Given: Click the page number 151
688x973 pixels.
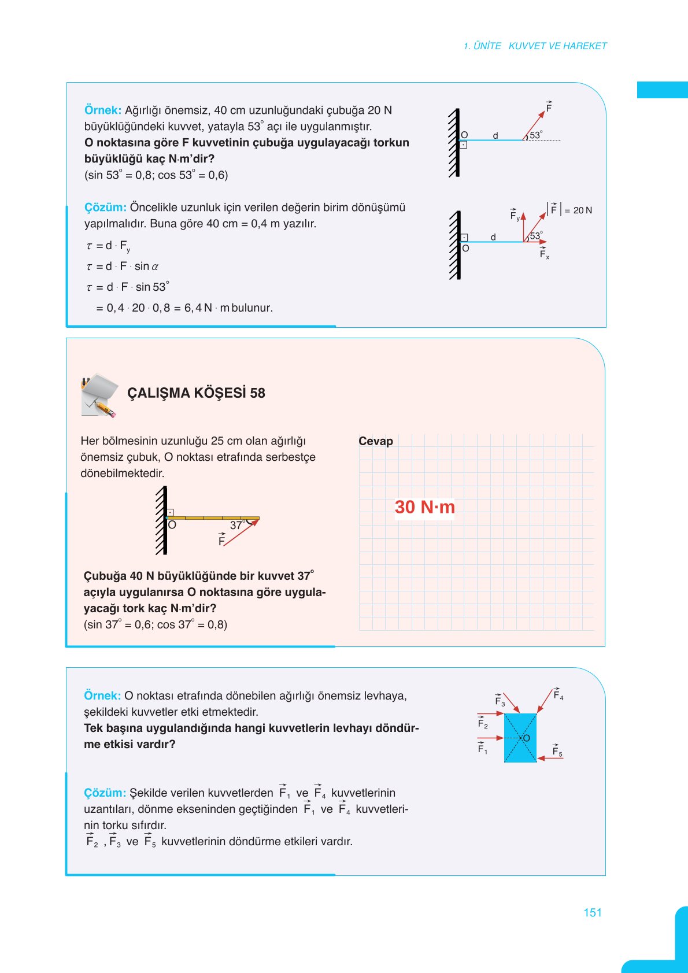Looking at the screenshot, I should (593, 912).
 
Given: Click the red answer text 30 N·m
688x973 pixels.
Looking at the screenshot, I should (425, 507).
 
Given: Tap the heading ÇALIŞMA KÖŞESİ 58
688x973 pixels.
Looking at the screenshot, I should (196, 393).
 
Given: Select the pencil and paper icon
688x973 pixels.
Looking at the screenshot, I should (99, 395).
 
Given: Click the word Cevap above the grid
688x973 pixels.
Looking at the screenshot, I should (376, 441).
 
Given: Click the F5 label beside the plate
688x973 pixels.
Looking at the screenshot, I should (557, 751).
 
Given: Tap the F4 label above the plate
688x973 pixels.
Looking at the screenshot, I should (558, 694).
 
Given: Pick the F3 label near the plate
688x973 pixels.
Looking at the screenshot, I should (500, 701).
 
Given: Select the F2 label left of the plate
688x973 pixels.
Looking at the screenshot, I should (483, 723).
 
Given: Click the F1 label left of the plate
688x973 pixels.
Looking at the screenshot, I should (483, 749).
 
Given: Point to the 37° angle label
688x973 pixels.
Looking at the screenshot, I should (237, 525).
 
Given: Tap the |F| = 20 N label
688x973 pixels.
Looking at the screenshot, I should (570, 210).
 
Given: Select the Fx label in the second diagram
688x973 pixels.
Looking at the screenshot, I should (544, 254).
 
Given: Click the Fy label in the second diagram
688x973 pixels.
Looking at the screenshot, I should (514, 216).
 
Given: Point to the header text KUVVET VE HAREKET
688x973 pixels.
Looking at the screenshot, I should (557, 46).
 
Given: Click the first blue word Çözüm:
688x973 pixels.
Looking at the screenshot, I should (105, 208).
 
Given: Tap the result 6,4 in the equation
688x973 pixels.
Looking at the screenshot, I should (193, 308).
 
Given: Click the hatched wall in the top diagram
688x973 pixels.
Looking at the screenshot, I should (454, 142).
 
